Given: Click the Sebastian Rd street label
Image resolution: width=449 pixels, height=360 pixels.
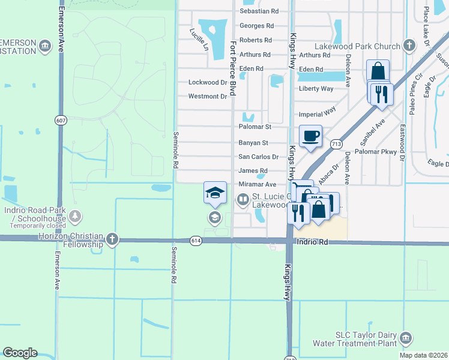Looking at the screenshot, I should click(259, 11).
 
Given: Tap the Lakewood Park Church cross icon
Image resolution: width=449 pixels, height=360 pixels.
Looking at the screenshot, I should click(409, 46).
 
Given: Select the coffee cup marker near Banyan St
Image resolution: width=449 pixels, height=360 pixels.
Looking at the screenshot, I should click(310, 136).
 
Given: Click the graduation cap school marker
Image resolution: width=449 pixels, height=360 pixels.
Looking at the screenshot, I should click(215, 193).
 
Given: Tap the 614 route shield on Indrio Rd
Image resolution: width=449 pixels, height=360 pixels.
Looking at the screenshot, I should click(197, 241).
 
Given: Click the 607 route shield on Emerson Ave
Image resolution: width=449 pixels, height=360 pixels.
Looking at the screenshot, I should click(62, 119).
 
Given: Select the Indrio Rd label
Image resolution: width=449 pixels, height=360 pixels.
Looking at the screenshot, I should click(311, 242).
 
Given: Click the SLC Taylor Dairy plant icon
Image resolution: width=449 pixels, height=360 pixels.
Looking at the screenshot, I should click(406, 338).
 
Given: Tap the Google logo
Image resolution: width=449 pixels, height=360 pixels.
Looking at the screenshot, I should click(20, 353).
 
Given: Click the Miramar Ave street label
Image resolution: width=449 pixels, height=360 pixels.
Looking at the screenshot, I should click(257, 185).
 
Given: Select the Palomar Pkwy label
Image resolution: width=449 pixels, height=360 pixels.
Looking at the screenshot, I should click(380, 152).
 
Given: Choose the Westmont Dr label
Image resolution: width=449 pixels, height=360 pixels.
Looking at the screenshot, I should click(208, 96).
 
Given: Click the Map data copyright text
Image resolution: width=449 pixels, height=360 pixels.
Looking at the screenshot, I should click(424, 355).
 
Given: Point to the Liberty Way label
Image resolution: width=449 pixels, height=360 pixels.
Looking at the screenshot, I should click(316, 89).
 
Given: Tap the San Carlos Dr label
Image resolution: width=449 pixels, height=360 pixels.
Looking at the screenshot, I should click(259, 157).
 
